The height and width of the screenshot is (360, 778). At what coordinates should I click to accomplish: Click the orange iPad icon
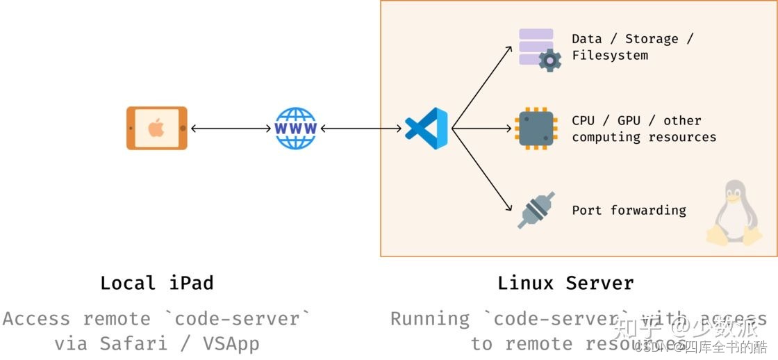(x=157, y=128)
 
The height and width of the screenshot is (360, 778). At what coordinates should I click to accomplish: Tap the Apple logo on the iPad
(x=156, y=128)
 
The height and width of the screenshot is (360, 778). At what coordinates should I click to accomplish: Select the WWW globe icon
(x=296, y=129)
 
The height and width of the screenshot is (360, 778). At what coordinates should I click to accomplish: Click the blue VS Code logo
(x=426, y=129)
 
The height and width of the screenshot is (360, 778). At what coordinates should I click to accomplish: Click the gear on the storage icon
(x=550, y=61)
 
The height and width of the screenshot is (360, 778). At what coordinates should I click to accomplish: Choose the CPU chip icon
(x=536, y=129)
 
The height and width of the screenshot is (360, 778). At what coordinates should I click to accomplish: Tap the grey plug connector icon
(x=536, y=210)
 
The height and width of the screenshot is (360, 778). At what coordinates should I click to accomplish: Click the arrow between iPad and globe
(x=231, y=129)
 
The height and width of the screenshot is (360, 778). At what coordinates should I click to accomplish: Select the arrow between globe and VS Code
(x=361, y=129)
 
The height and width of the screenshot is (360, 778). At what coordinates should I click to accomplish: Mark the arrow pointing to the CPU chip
(x=482, y=129)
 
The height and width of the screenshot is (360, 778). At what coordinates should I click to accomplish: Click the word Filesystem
(x=610, y=56)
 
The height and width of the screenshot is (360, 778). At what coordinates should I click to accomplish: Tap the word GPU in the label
(x=628, y=121)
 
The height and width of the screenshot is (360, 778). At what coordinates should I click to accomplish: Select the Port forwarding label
(x=629, y=210)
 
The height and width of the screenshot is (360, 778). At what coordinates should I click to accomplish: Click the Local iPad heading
(x=157, y=283)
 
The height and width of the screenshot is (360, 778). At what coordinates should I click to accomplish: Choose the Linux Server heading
(x=565, y=283)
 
